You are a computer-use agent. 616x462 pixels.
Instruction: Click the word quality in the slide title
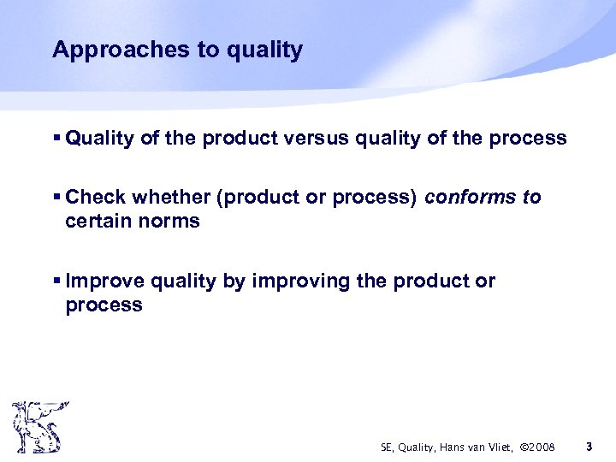tap(264, 50)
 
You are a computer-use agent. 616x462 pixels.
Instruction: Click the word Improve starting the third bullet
tap(104, 281)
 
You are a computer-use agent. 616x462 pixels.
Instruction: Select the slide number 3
tap(589, 447)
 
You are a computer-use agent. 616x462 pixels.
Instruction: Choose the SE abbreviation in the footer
tap(387, 447)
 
